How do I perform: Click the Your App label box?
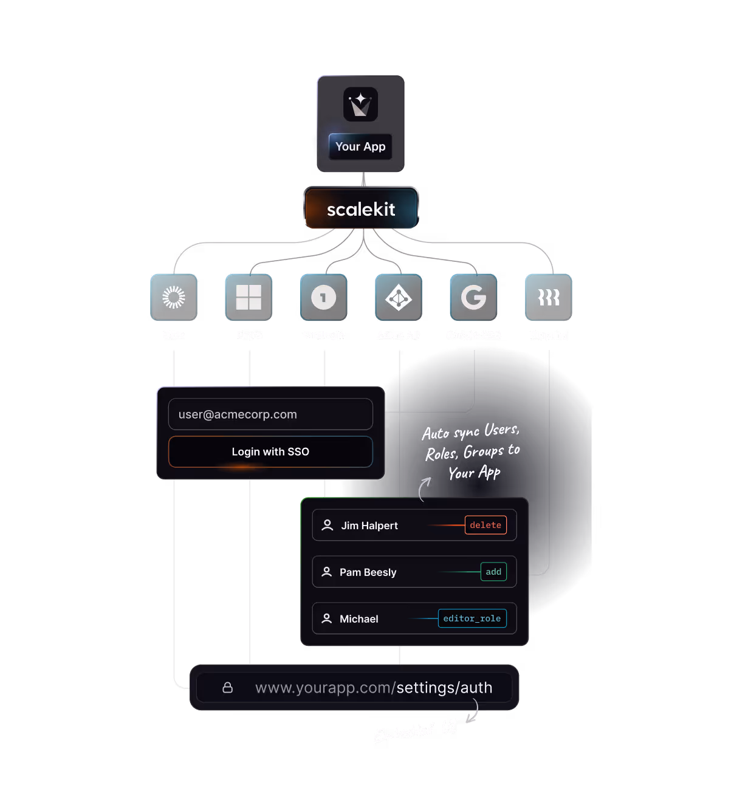360,146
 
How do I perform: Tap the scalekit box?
361,208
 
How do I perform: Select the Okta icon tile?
174,297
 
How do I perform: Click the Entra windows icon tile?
249,297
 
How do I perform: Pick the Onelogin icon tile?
323,297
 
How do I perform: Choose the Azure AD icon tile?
399,297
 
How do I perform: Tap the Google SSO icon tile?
473,297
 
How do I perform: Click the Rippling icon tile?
548,297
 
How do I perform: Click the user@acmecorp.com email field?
270,414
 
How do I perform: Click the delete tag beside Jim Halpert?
485,525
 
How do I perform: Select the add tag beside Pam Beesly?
493,572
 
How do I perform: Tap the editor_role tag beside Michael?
472,619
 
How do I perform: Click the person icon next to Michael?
326,619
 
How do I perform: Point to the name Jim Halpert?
369,526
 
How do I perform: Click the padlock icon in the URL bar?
228,687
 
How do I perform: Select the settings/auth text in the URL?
444,688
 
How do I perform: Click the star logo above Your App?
360,105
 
